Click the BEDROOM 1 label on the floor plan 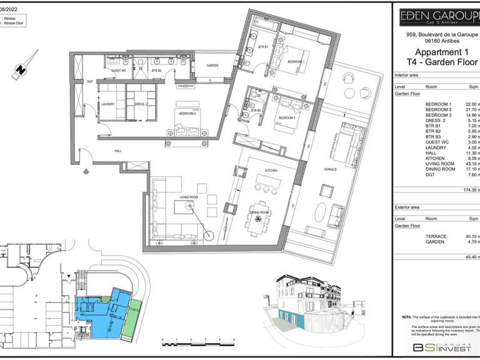tap(296, 62)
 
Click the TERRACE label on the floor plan tap(330, 169)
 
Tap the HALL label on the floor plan tap(118, 151)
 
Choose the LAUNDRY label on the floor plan tap(107, 104)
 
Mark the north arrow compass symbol tap(21, 71)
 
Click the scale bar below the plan tap(197, 341)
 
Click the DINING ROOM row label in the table tap(440, 169)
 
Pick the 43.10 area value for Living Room tap(470, 164)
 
